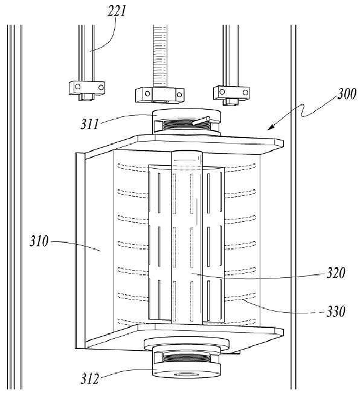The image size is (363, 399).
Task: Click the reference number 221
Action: [117, 11]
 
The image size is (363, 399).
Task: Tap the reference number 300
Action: [347, 94]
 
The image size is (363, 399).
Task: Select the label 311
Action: [90, 124]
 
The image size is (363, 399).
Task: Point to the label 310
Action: [39, 241]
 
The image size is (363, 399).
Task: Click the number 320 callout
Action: [336, 273]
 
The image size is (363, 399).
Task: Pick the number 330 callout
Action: [336, 311]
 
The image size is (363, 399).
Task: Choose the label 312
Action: [90, 379]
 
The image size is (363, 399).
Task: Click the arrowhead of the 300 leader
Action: [271, 127]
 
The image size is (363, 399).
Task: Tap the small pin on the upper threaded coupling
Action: [201, 121]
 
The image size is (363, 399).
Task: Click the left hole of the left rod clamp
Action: [78, 87]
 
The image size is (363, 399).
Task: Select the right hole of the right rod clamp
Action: [245, 92]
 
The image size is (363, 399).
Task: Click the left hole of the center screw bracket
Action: [147, 93]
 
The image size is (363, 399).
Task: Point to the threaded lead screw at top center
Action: [160, 56]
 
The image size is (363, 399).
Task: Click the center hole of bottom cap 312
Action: [186, 374]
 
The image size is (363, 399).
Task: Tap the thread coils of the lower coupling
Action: [186, 358]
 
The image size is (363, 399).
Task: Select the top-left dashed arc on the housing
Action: [133, 167]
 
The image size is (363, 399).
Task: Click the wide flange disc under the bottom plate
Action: [187, 344]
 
